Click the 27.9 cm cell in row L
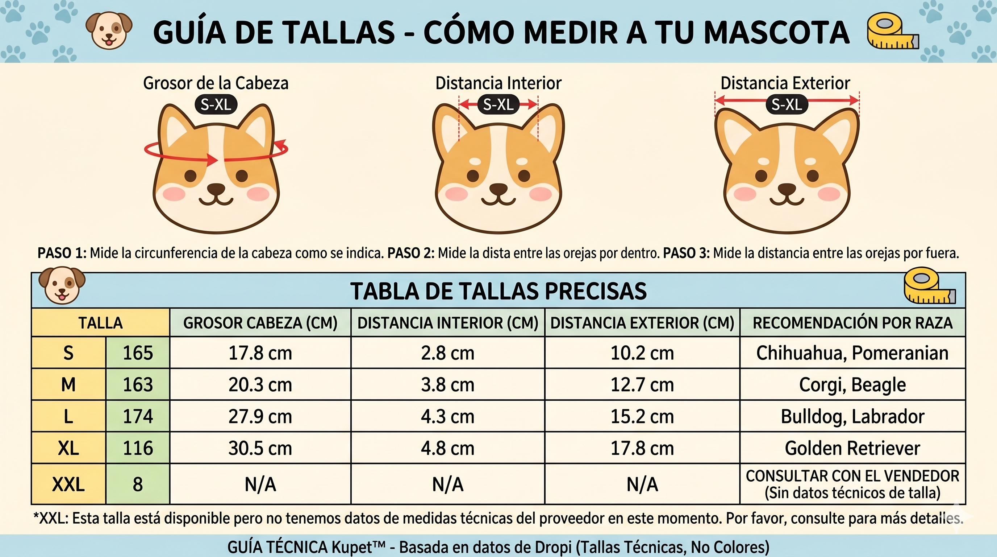click(x=260, y=416)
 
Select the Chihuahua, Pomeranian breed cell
click(x=852, y=353)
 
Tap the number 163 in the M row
click(x=138, y=385)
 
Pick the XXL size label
click(x=68, y=484)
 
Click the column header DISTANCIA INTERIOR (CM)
click(x=448, y=323)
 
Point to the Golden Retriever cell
click(x=852, y=448)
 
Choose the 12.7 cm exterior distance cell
click(x=642, y=385)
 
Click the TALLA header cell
click(x=101, y=323)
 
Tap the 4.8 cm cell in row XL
click(x=448, y=448)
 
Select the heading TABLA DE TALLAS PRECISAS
click(x=498, y=291)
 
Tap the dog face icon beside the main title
click(x=109, y=30)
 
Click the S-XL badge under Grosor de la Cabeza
click(x=216, y=104)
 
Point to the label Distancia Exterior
click(x=785, y=83)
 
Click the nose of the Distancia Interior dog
click(x=498, y=189)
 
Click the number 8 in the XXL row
click(x=138, y=484)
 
